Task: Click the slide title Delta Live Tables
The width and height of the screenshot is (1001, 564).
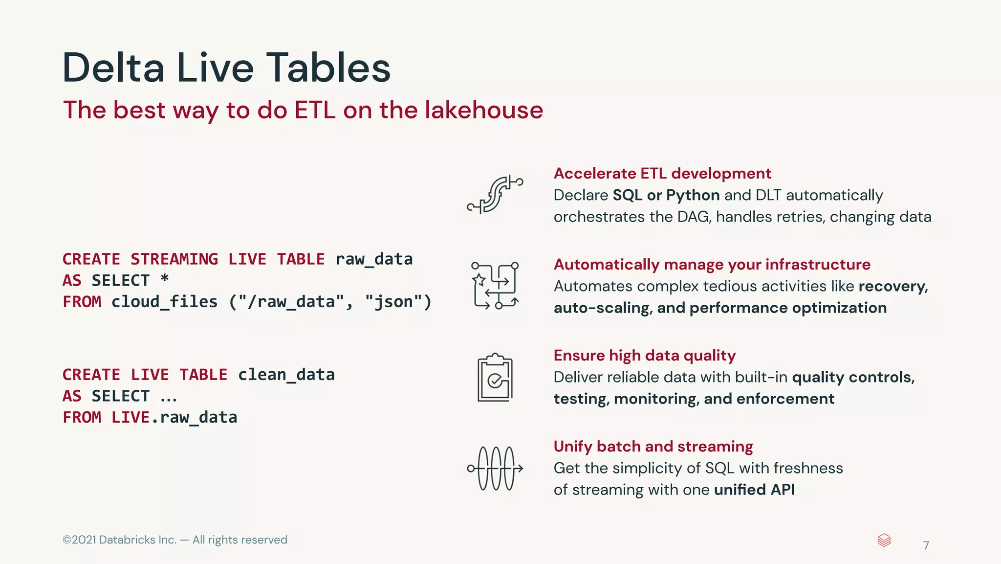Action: (226, 68)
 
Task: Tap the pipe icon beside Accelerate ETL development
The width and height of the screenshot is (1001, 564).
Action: (495, 195)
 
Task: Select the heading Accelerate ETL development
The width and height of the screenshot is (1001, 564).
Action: (662, 173)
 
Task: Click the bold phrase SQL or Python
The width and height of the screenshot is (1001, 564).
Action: (666, 195)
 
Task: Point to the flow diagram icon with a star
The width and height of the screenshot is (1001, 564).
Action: (495, 286)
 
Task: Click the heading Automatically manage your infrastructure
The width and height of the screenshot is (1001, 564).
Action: (712, 264)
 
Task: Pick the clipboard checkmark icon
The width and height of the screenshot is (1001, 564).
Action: (495, 378)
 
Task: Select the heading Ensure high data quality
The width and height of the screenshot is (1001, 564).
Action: (644, 355)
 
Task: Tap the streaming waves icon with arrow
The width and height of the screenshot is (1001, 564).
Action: (495, 468)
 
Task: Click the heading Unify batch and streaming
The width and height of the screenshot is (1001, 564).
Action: (653, 446)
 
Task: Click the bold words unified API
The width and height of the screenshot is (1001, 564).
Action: (754, 490)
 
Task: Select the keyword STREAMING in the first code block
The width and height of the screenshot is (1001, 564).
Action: (174, 259)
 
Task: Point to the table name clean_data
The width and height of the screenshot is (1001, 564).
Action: (286, 375)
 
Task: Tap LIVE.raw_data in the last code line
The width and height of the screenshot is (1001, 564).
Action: (174, 417)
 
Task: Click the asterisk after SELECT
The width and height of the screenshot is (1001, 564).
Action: (165, 279)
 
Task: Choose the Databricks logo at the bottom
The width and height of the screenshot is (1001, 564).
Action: (884, 540)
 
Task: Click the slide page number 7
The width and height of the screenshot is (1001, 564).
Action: (926, 545)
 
